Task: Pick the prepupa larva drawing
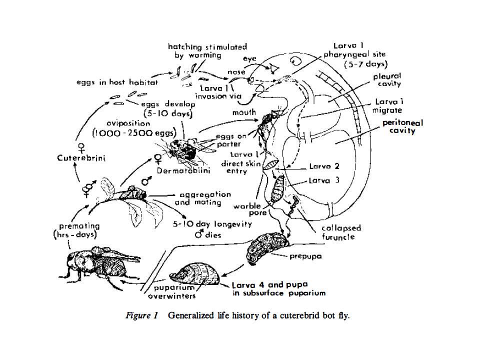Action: (x=267, y=247)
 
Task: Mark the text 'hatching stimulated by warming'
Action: (x=207, y=51)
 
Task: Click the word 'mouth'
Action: (x=244, y=112)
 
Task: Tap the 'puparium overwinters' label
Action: (x=167, y=292)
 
